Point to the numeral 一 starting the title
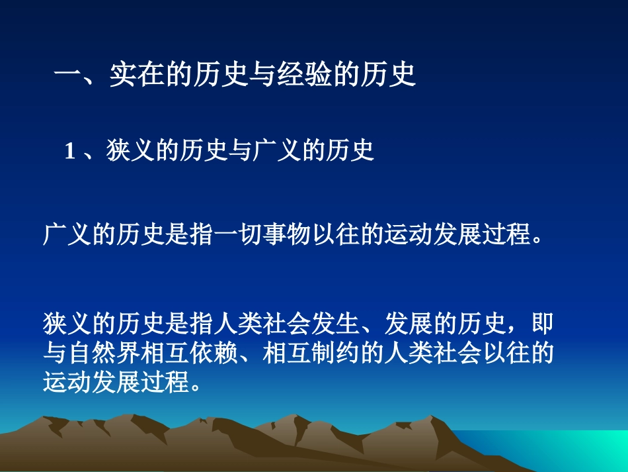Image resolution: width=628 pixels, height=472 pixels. pyautogui.click(x=67, y=75)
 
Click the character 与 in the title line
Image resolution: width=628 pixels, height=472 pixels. pyautogui.click(x=268, y=75)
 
